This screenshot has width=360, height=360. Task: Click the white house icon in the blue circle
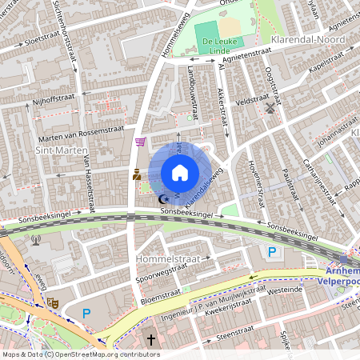[180, 173]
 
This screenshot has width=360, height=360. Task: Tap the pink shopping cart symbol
[142, 142]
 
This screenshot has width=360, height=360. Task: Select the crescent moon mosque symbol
[164, 198]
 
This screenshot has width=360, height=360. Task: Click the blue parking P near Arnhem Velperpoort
[272, 253]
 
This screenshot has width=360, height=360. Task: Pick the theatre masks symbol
[53, 302]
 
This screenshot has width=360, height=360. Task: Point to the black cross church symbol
[150, 340]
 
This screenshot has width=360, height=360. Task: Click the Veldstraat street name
[251, 101]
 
